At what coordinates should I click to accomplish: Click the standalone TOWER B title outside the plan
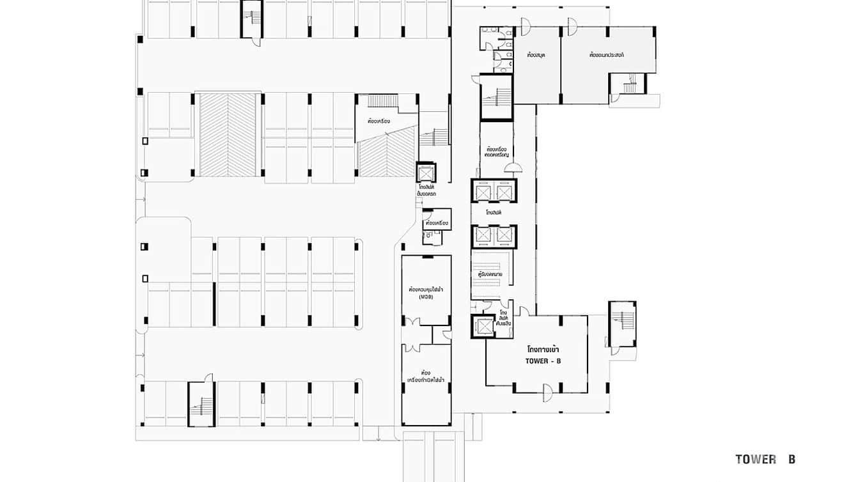[765, 459]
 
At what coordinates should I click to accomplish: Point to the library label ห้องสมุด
[535, 56]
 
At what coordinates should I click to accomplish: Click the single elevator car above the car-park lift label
[425, 173]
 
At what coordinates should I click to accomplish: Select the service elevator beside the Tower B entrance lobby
[481, 326]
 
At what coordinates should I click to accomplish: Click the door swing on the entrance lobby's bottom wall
[547, 392]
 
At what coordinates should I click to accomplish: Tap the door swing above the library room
[526, 26]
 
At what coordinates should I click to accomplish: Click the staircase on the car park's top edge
[252, 19]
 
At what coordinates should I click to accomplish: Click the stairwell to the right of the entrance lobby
[621, 324]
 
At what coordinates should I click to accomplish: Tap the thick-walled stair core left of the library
[496, 97]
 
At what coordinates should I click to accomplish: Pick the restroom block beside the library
[497, 45]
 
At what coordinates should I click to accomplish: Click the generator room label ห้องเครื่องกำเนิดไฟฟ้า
[426, 377]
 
